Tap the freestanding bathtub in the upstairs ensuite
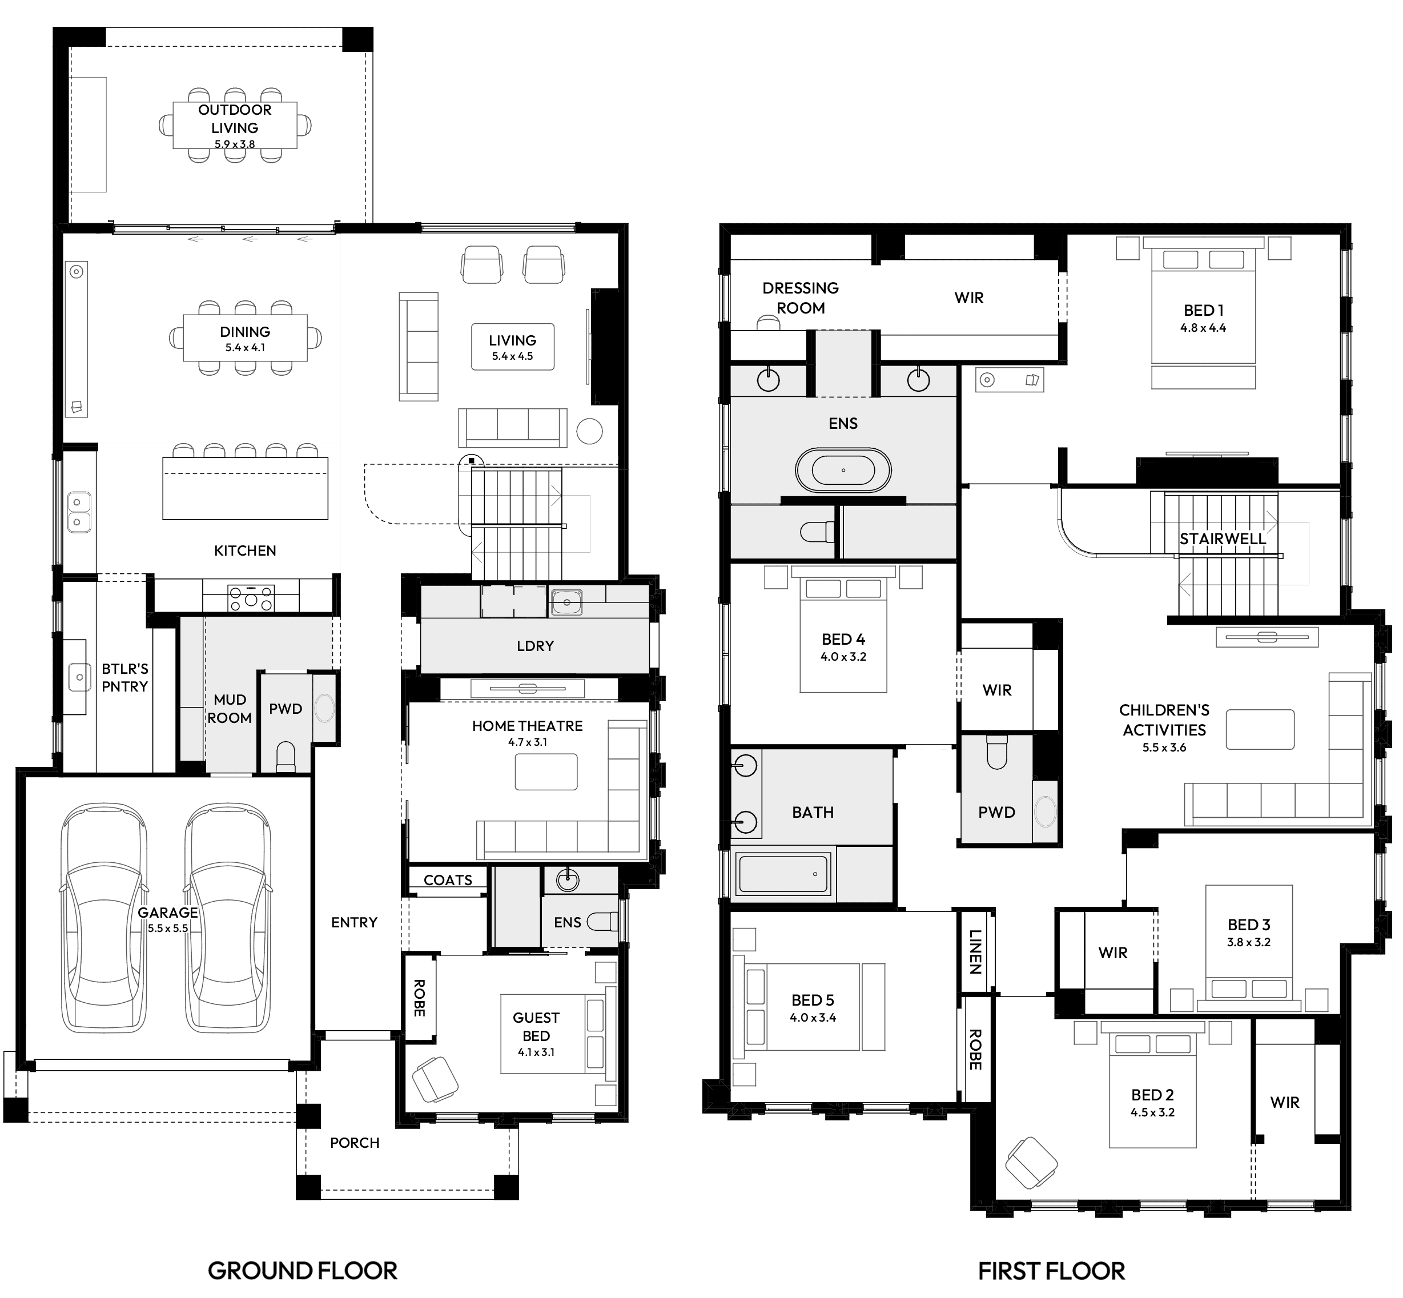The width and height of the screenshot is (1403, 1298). pyautogui.click(x=843, y=470)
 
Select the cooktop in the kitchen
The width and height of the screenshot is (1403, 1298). pyautogui.click(x=251, y=598)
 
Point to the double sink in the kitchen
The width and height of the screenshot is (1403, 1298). pyautogui.click(x=79, y=512)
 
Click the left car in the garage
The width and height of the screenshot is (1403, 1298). pyautogui.click(x=104, y=919)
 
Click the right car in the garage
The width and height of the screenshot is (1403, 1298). pyautogui.click(x=228, y=919)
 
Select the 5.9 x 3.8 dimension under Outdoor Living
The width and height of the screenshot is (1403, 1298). pyautogui.click(x=235, y=144)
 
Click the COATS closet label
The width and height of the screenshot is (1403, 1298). pyautogui.click(x=448, y=880)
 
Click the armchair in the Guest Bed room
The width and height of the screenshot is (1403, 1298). pyautogui.click(x=435, y=1079)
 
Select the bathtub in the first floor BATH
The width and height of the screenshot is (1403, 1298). pyautogui.click(x=783, y=874)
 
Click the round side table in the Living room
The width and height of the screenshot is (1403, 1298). pyautogui.click(x=589, y=431)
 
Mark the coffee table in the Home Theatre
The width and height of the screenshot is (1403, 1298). pyautogui.click(x=546, y=772)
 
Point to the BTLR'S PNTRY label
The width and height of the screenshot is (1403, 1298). pyautogui.click(x=125, y=678)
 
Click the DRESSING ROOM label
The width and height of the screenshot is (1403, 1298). pyautogui.click(x=801, y=298)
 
